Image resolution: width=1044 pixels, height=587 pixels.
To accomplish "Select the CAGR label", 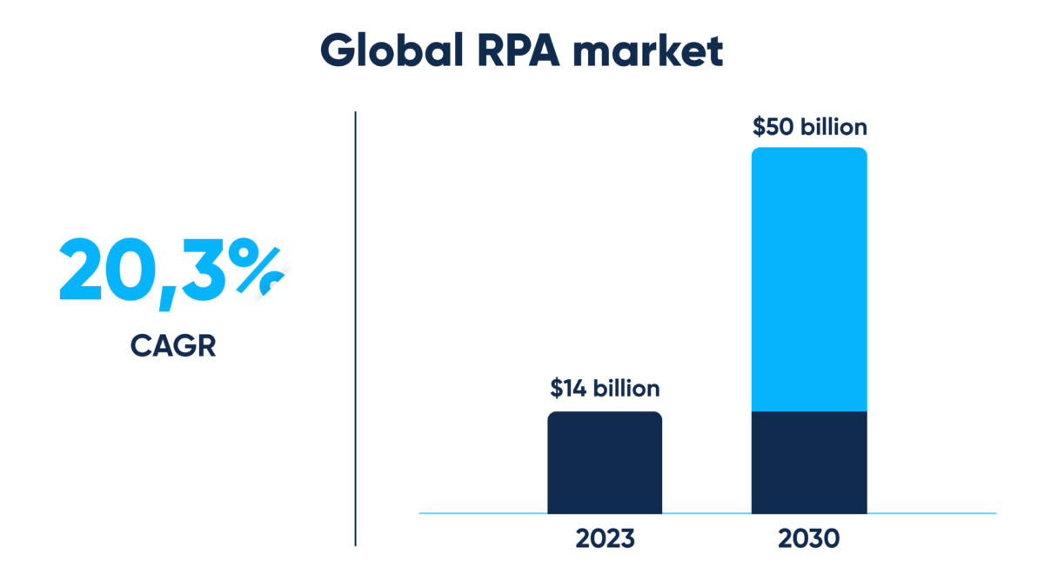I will pos(173,346).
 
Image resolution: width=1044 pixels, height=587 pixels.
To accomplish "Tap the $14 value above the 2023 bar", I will pos(568,388).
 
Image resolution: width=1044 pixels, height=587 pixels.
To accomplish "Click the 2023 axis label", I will pos(605,539).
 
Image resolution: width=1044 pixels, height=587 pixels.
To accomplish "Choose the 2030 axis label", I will pos(809,539).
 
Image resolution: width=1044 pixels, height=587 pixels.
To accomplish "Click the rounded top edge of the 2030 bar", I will pos(809,150).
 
